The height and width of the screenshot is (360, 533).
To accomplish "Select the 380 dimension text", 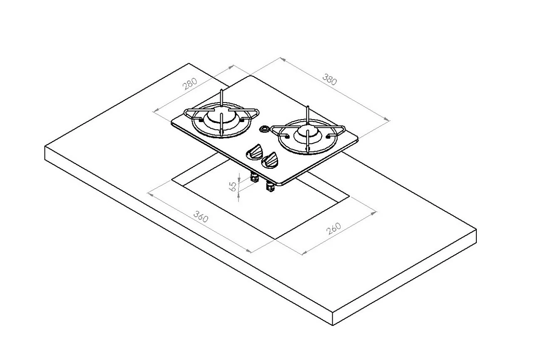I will [329, 79].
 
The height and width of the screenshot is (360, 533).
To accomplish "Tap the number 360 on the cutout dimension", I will [201, 217].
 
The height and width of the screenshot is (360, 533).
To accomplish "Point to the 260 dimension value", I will [334, 228].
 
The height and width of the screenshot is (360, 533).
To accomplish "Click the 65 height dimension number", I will [234, 185].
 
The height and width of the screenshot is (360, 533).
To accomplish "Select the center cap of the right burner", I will [307, 134].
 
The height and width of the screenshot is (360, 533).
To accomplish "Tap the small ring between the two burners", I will [264, 129].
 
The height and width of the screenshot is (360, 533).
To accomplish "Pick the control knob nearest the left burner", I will [254, 152].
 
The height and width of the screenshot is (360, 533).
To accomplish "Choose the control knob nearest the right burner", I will [271, 160].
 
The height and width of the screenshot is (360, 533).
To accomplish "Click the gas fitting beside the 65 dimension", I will [254, 178].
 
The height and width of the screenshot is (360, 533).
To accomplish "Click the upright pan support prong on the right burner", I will [307, 112].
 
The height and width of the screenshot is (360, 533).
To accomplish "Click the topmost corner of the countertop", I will [189, 64].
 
